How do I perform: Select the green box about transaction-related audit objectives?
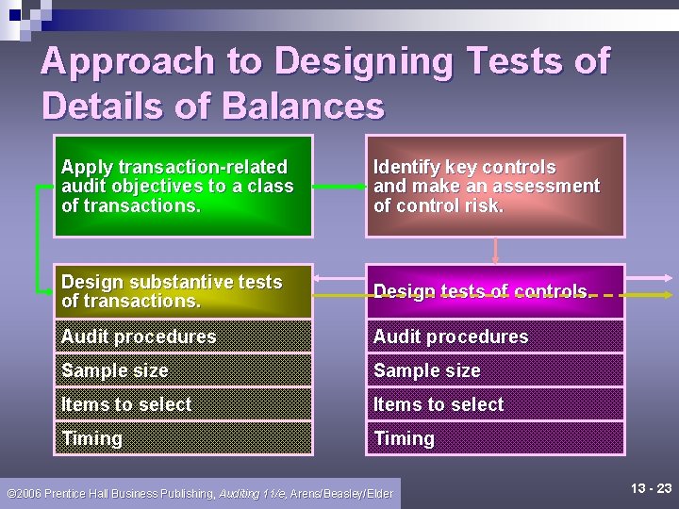coord(183,186)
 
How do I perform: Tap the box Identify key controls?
coord(495,186)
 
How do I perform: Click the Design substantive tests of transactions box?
coord(183,291)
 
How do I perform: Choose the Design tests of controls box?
coord(495,291)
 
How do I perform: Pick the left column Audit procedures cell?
coord(183,337)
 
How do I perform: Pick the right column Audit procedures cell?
coord(495,337)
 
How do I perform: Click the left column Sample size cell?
coord(183,370)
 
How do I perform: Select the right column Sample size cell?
coord(495,370)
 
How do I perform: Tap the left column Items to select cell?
coord(183,404)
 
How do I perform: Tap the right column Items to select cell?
coord(495,404)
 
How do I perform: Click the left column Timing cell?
coord(183,438)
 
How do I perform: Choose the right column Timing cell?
coord(495,438)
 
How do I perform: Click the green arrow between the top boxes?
coord(339,187)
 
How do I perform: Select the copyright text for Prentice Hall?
coord(199,493)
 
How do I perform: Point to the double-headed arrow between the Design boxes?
coord(339,278)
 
